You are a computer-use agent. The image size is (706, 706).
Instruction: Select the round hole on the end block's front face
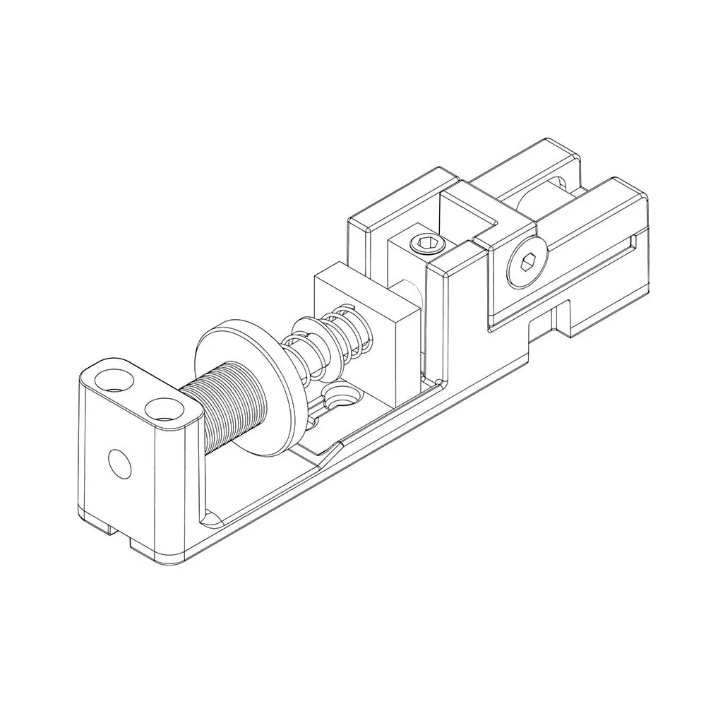click(x=119, y=463)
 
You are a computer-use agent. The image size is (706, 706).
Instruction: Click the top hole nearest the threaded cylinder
click(x=164, y=407)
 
